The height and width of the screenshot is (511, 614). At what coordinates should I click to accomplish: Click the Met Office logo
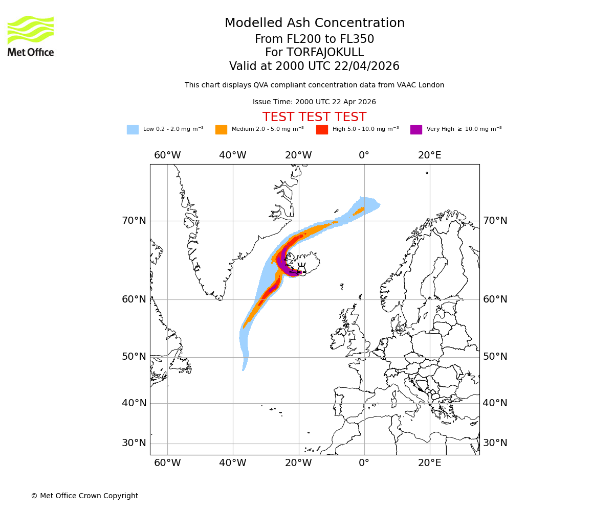point(31,36)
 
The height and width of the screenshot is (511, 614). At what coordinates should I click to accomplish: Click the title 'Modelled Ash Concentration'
point(315,24)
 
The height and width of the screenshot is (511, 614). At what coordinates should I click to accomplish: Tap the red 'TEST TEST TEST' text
point(314,117)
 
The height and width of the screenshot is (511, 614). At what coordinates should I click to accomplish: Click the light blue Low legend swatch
point(133,130)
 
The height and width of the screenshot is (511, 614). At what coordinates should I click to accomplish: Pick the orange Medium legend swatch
point(221,130)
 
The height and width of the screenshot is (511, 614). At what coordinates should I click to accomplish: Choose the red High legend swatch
point(322,130)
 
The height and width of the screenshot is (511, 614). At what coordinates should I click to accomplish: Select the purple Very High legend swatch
point(416,130)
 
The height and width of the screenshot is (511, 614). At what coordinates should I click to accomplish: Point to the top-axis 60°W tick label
point(167,155)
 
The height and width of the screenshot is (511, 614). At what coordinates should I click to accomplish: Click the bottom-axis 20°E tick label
point(430,463)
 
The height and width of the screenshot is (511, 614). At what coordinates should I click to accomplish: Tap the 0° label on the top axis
point(364,155)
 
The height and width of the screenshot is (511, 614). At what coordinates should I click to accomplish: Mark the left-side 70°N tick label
point(134,221)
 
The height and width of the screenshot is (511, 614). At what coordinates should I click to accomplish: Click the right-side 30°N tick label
point(495,443)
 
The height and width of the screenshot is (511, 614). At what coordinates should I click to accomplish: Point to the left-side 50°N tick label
point(134,357)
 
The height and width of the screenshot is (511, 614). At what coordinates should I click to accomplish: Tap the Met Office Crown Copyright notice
point(84,496)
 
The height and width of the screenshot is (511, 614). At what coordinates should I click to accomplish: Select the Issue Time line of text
point(314,102)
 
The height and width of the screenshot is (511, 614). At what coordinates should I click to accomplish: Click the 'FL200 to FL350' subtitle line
point(314,39)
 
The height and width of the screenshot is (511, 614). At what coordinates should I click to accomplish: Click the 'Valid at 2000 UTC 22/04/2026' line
point(314,66)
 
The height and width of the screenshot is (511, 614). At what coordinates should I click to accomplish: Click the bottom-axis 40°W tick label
point(233,463)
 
